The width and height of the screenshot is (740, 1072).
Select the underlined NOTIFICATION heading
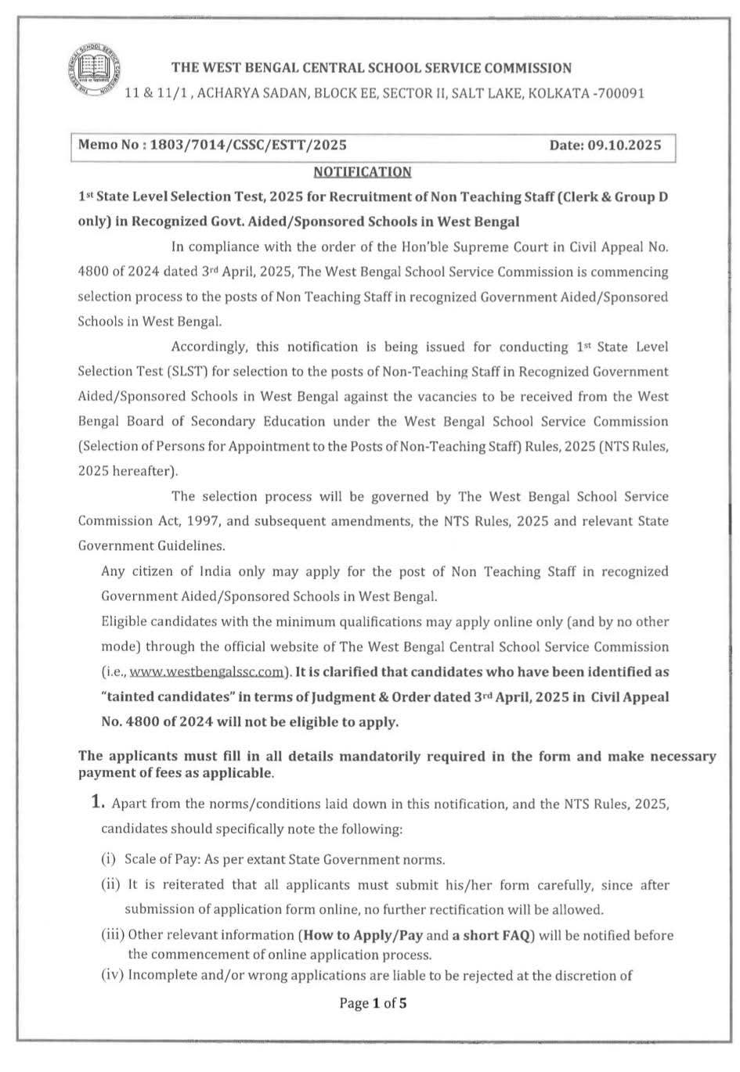pos(362,172)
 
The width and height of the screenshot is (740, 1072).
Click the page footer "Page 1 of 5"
pos(373,1004)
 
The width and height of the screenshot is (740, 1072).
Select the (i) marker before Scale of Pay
pos(109,860)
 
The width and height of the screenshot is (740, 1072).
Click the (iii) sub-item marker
pos(113,935)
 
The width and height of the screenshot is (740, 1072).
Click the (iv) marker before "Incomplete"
pos(113,975)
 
